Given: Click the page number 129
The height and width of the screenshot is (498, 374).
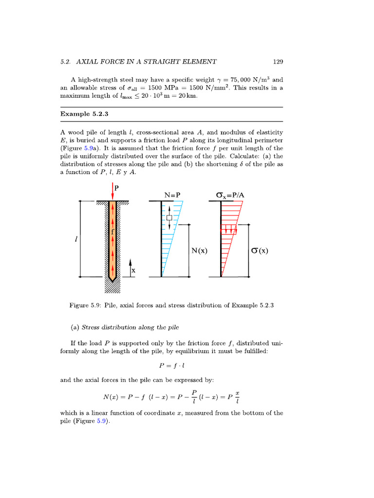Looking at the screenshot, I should click(x=278, y=62).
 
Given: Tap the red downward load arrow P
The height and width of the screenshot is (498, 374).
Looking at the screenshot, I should click(x=112, y=191).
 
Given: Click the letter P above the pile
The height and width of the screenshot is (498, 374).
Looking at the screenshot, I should click(x=117, y=187).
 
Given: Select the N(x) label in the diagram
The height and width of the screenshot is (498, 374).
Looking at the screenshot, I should click(x=200, y=251).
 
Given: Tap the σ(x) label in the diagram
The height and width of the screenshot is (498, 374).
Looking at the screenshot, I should click(x=260, y=251).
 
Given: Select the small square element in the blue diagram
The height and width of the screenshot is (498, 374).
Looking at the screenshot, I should click(x=169, y=218).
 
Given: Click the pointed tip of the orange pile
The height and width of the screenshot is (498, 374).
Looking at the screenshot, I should click(x=112, y=280).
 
